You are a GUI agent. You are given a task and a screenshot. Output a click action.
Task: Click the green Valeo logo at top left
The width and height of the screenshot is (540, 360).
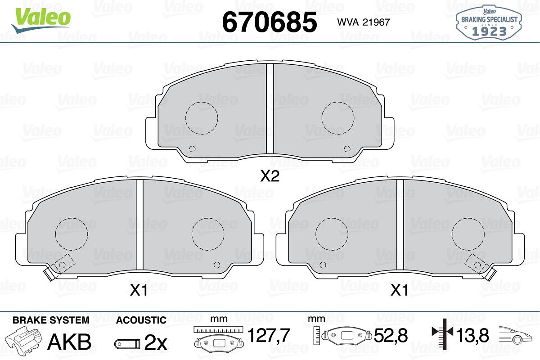pyautogui.click(x=41, y=20)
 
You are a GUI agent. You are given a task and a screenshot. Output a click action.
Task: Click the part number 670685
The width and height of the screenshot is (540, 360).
pyautogui.click(x=270, y=22)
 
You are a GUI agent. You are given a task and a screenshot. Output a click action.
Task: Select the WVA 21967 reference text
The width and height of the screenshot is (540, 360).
pyautogui.click(x=363, y=22)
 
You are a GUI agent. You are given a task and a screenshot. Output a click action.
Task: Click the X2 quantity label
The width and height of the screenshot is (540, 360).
pyautogui.click(x=270, y=176)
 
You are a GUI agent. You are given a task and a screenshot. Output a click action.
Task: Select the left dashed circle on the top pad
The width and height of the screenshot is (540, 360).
pyautogui.click(x=202, y=118)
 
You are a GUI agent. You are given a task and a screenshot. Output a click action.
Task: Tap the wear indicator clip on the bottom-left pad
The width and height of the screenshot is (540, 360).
pyautogui.click(x=49, y=274)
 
